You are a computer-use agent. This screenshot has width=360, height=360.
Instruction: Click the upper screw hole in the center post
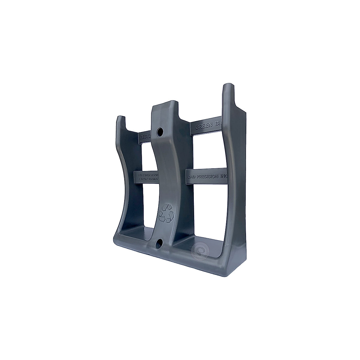pos(160,131)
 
